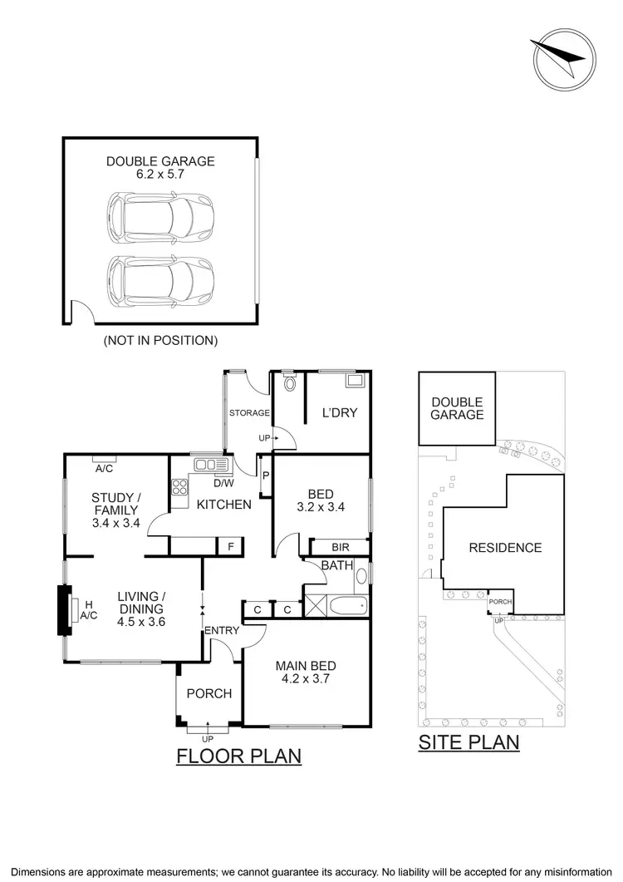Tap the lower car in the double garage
coord(160,281)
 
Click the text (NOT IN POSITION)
coord(160,340)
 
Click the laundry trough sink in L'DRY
coord(356,382)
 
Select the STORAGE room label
coord(249,412)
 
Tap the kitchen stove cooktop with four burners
coord(180,489)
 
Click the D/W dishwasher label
coord(223,482)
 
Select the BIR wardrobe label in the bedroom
coord(340,547)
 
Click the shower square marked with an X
coord(315,599)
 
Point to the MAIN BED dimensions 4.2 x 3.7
coord(306,678)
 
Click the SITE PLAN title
coord(468,742)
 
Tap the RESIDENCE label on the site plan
coord(505,547)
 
